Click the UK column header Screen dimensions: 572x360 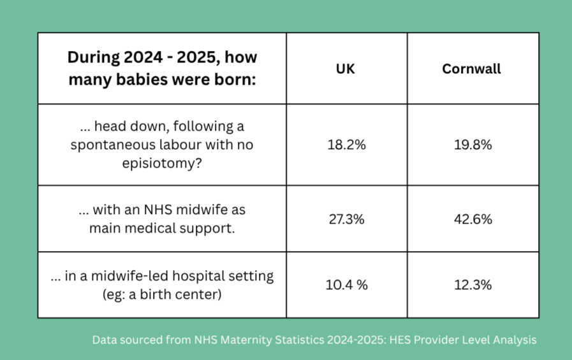pyautogui.click(x=345, y=69)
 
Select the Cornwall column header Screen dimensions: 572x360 pyautogui.click(x=471, y=69)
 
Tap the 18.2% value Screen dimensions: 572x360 pyautogui.click(x=346, y=145)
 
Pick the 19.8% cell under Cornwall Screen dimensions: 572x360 pyautogui.click(x=473, y=145)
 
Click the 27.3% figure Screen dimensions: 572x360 pyautogui.click(x=346, y=219)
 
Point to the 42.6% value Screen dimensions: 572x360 pyautogui.click(x=473, y=219)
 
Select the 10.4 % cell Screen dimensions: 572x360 pyautogui.click(x=346, y=285)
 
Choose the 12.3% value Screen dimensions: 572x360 pyautogui.click(x=473, y=285)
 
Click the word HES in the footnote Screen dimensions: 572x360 pyautogui.click(x=400, y=340)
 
